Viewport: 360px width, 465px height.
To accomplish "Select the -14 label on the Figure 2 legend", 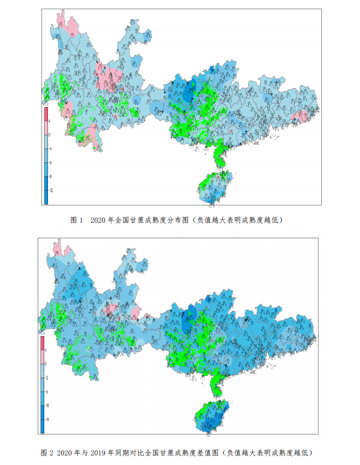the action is pos(48,419).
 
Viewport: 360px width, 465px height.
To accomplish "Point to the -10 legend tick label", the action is pos(48,405).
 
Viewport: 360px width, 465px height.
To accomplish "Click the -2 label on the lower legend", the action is pos(48,377).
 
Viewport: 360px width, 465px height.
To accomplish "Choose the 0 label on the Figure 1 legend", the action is pos(50,135).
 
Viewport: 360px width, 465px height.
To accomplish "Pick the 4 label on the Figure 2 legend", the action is pos(47,350).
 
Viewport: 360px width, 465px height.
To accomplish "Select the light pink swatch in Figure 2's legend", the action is pos(43,357).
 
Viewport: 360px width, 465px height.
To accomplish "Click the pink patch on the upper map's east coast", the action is pos(300,117).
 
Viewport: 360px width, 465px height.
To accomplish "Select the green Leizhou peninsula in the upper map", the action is pos(219,155).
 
